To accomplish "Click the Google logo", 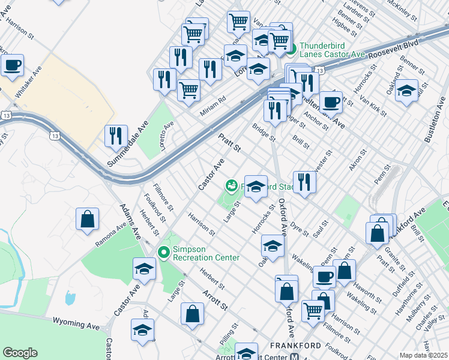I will tap(20, 353).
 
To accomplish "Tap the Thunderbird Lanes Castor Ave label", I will tap(332, 50).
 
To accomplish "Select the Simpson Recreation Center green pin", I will tap(163, 253).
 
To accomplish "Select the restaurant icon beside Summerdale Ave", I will tap(116, 136).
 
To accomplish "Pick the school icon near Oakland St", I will tap(406, 90).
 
